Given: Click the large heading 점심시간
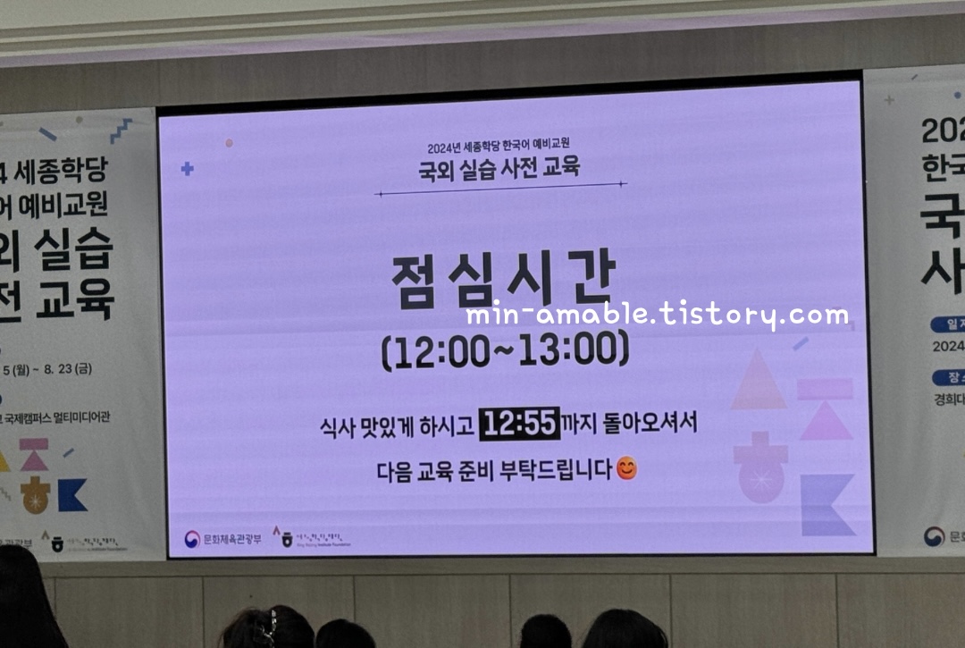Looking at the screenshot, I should [503, 283].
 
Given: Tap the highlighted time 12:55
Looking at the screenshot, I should [519, 423].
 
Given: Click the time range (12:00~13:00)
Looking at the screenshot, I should [505, 350].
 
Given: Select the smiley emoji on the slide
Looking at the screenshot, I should [627, 468].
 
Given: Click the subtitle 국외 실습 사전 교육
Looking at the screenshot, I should [499, 166].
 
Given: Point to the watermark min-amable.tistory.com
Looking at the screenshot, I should [657, 316].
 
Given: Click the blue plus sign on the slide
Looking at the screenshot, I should [187, 168].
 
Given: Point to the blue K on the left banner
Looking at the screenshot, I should [72, 494].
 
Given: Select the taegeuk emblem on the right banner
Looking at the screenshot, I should [934, 536].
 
